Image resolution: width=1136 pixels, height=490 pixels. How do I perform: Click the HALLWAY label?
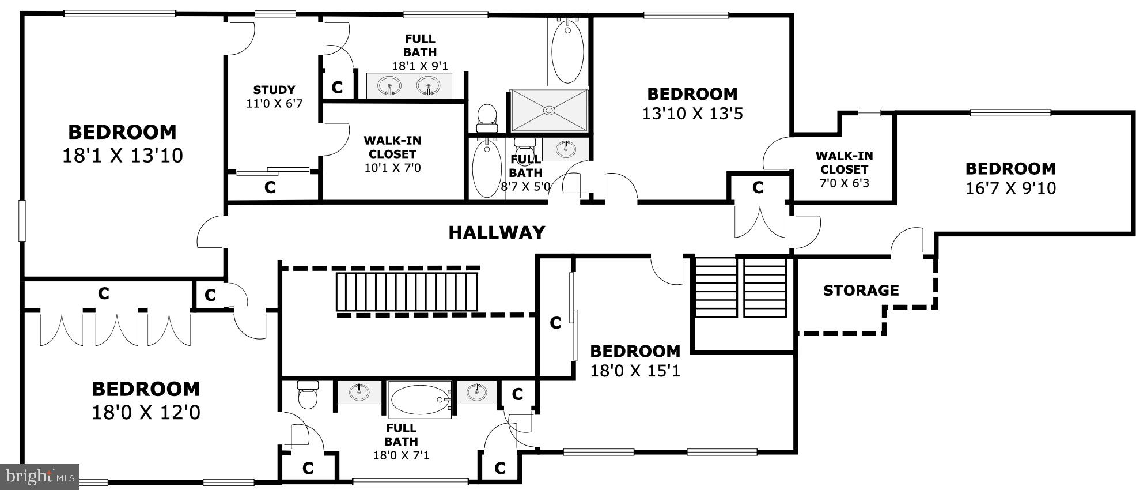point(497,232)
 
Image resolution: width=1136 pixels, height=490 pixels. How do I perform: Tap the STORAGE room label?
point(861,290)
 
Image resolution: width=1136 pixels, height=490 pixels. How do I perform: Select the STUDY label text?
point(274,90)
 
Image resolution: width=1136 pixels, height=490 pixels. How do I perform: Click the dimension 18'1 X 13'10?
point(122,156)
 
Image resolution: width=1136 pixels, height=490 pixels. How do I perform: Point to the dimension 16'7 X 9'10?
point(1010,189)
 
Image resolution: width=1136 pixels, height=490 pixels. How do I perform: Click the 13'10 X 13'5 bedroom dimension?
point(692,114)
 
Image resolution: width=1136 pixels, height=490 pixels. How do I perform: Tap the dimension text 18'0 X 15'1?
point(635,371)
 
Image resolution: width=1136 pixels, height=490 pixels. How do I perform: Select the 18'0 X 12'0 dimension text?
point(146,413)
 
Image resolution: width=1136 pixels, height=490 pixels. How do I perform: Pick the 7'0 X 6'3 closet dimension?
point(844,184)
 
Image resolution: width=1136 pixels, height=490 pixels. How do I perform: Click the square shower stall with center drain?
point(549,110)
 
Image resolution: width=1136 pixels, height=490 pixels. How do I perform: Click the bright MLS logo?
point(39,477)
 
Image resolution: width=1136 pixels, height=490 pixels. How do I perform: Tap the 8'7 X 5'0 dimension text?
point(525,187)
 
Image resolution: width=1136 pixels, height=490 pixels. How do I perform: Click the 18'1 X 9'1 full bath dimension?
point(419,66)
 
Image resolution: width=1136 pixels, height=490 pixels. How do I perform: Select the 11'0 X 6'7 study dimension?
point(274,104)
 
